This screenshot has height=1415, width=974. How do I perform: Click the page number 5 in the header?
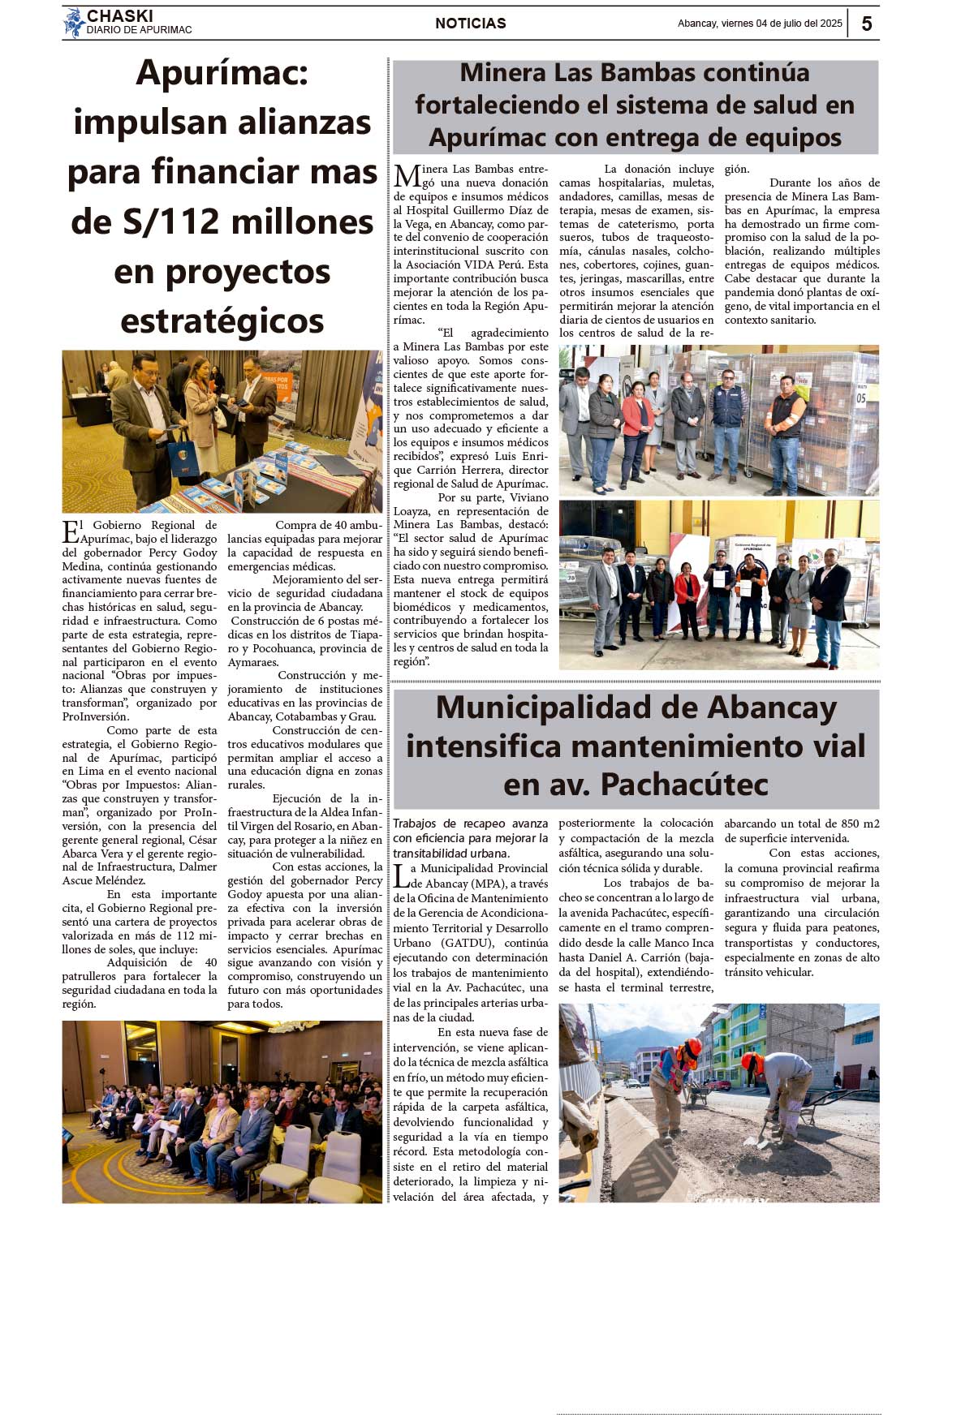[x=866, y=24]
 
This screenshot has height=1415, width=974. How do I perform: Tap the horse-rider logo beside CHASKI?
[x=74, y=23]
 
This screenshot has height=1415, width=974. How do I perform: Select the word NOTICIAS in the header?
[x=470, y=24]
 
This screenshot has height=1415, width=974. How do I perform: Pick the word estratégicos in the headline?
[x=222, y=321]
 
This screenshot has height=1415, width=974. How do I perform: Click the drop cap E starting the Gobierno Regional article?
[x=71, y=531]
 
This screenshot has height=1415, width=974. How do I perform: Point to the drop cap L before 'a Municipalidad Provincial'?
[x=401, y=876]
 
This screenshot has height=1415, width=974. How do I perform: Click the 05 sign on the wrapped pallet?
[x=860, y=398]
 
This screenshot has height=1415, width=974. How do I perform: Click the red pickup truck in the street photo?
[x=718, y=1083]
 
